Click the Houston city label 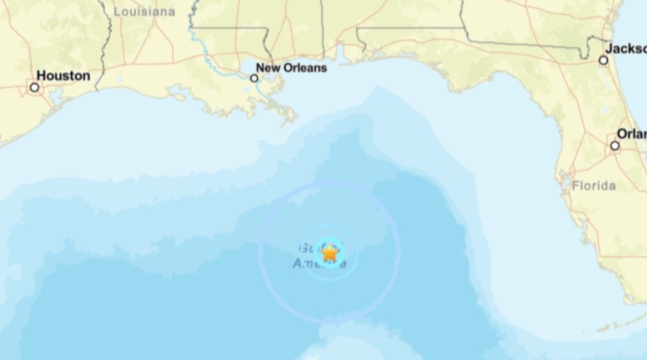coord(63,75)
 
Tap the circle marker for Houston coord(34,87)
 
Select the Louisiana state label coord(144,12)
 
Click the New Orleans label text coord(291,68)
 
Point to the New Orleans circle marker coord(254,78)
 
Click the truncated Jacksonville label coord(625,49)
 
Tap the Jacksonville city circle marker coord(603,60)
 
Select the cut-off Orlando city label coord(632,134)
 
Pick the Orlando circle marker coord(615,145)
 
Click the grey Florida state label coord(593,186)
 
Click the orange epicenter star coord(330,253)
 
